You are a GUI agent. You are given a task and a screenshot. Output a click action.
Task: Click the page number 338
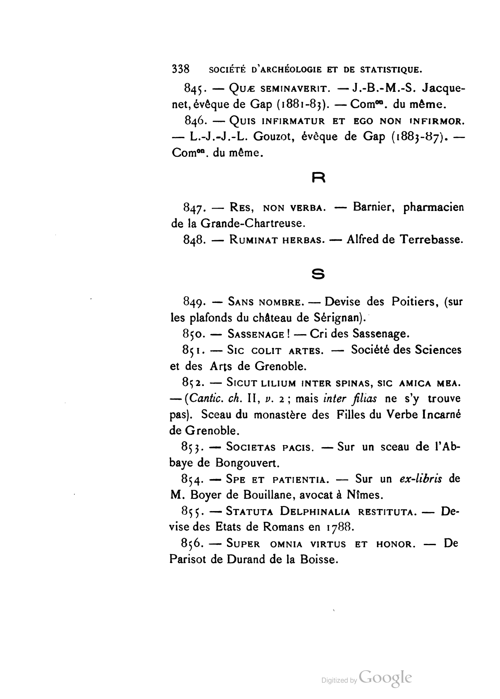pos(180,69)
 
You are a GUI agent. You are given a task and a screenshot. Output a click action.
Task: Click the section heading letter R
pos(318,178)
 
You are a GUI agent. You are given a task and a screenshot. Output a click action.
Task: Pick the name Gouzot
pos(272,137)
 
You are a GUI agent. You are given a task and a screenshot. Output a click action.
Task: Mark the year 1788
pos(340,528)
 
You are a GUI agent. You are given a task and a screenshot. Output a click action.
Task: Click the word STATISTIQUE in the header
pos(390,69)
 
